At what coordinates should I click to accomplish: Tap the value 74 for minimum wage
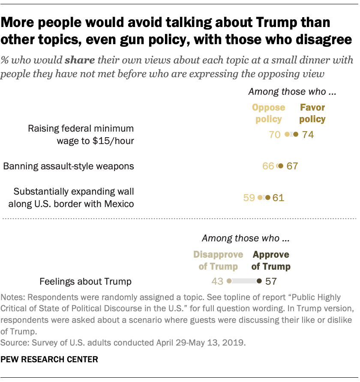click(308, 135)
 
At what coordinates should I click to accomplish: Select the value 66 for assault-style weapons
click(268, 166)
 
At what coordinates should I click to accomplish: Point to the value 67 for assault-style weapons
click(292, 166)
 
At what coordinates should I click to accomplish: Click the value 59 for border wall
click(249, 198)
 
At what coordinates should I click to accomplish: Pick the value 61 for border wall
click(278, 198)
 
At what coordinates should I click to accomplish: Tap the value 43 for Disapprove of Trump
click(217, 281)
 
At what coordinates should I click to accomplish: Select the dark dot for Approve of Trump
click(259, 281)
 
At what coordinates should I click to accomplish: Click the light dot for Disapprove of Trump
click(229, 281)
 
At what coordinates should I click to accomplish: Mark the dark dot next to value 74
click(296, 135)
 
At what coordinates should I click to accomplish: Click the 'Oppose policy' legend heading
click(269, 113)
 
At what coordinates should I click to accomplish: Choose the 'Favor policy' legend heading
click(312, 113)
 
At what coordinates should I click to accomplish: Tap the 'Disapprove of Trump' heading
click(218, 260)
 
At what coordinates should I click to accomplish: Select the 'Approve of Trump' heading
click(271, 260)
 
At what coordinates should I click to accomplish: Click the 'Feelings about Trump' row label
click(85, 282)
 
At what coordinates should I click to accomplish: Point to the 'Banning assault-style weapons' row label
click(69, 166)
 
